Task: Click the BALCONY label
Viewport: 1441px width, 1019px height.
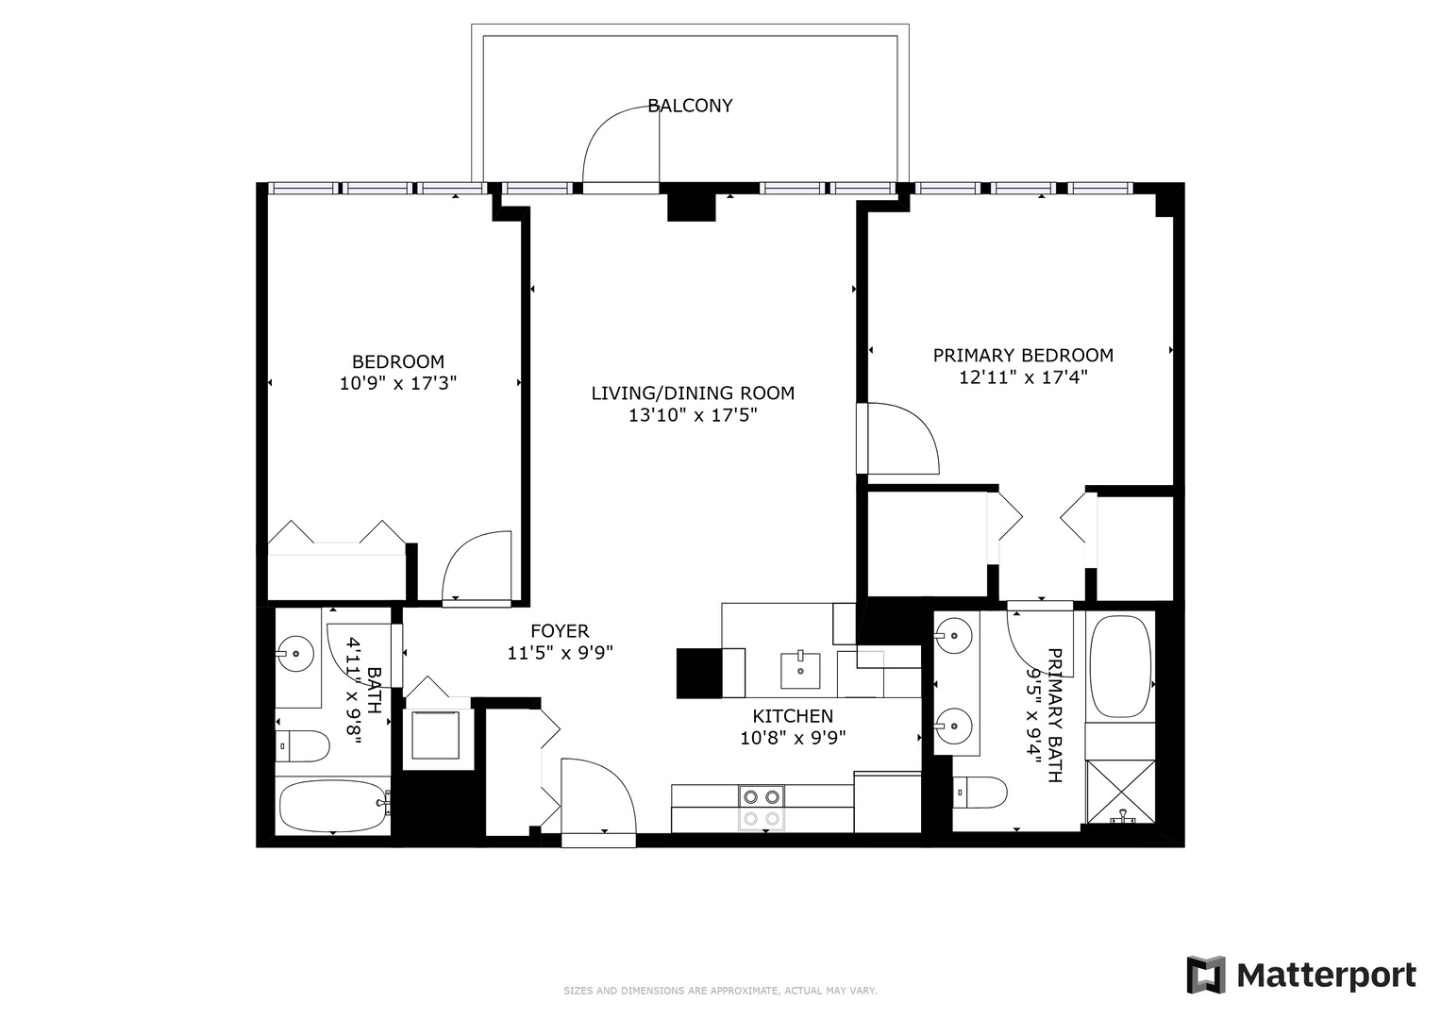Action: pos(690,106)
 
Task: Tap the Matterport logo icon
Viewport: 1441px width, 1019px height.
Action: pos(1205,975)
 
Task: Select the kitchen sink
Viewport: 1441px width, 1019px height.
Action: pos(801,669)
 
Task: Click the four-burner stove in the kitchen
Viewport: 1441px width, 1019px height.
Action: pos(762,808)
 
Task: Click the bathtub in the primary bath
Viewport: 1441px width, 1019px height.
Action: pos(1120,667)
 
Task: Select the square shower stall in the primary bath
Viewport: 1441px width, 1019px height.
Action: pos(1120,791)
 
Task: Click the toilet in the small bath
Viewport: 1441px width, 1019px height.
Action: pos(303,747)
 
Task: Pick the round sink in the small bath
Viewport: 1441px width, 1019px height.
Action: pos(296,652)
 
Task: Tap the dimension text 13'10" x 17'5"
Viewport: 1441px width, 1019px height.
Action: pos(693,414)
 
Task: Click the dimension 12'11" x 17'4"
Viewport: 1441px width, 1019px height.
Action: pos(1023,377)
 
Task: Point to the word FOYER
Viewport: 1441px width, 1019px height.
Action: pos(560,631)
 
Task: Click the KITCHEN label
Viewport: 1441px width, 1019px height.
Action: pos(793,716)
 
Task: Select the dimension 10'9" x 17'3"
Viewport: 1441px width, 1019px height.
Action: pos(397,383)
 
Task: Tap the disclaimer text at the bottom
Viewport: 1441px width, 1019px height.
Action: pos(720,991)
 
